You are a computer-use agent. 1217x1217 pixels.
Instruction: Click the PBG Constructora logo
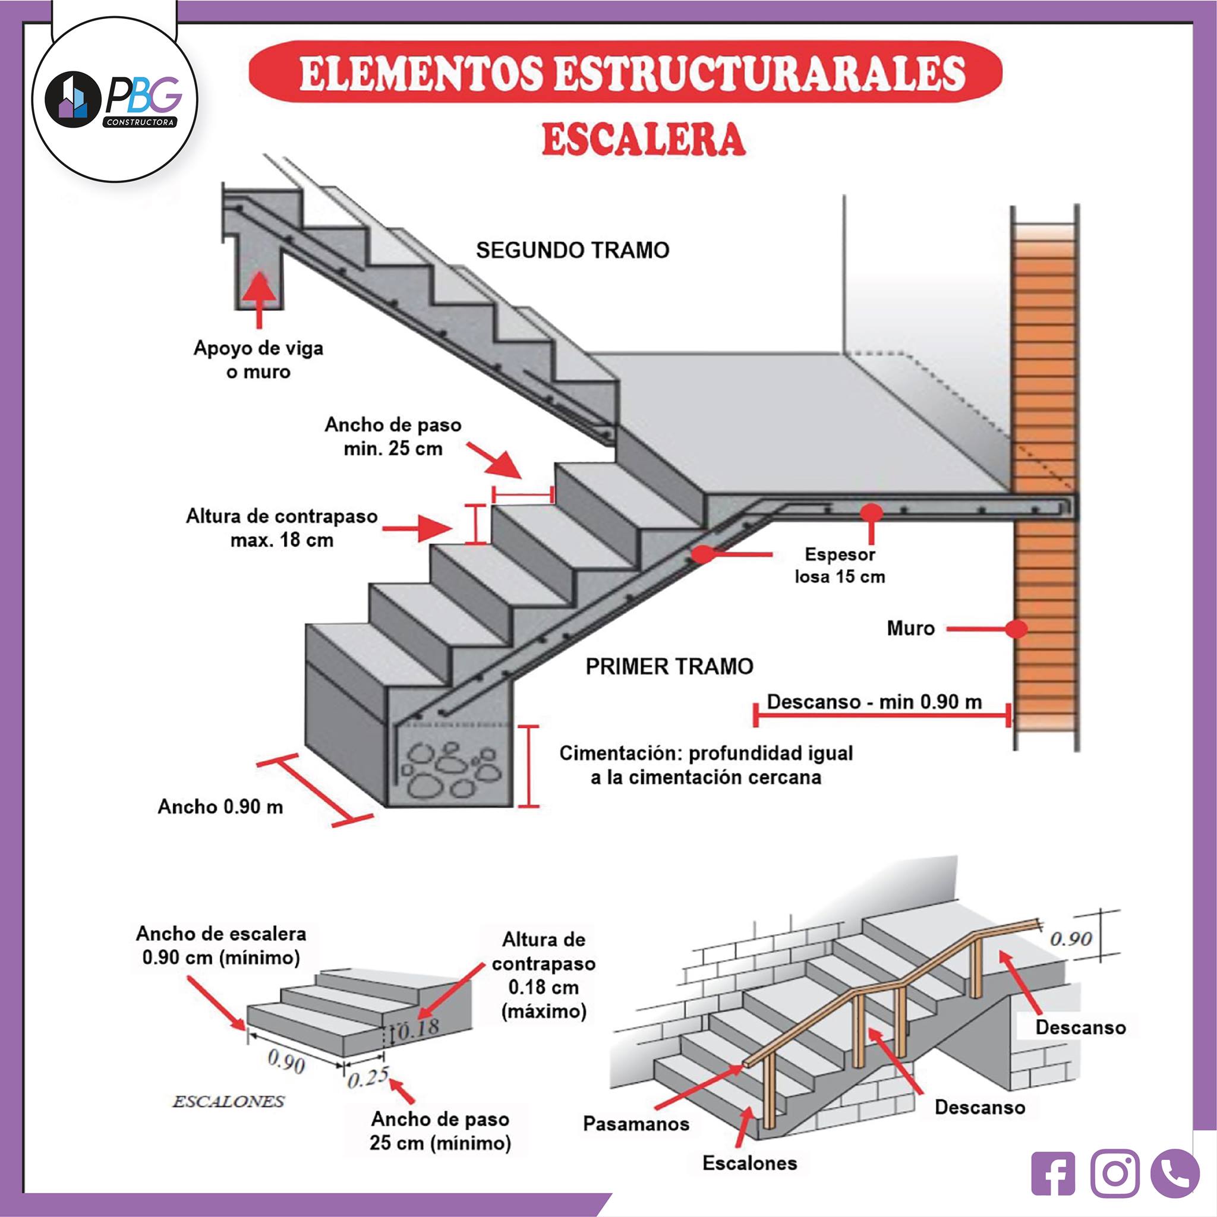pos(114,99)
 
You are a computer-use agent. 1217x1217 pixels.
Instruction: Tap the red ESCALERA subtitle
pos(644,140)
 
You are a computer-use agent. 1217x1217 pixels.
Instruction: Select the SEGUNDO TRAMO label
pos(573,250)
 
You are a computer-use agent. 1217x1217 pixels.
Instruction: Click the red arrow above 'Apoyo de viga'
pos(259,299)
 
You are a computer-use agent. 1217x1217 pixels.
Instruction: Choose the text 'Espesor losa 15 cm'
pos(840,565)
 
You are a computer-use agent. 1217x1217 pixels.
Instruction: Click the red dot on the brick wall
pos(1017,628)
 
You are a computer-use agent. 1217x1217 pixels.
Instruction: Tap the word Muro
pos(911,628)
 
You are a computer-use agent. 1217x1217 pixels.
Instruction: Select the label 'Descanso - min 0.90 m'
pos(874,702)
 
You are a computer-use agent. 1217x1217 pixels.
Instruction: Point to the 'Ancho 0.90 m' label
pos(220,806)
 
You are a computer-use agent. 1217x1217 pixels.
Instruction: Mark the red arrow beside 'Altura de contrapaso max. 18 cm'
pos(417,528)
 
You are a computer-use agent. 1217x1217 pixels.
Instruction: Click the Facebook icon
pos(1053,1174)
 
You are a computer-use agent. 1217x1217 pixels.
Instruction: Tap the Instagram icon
pos(1115,1174)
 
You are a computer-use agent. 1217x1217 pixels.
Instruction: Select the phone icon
pos(1174,1174)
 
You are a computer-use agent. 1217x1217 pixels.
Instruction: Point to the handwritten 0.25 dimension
pos(368,1077)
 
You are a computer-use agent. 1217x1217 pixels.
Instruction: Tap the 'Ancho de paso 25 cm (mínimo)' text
pos(440,1131)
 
